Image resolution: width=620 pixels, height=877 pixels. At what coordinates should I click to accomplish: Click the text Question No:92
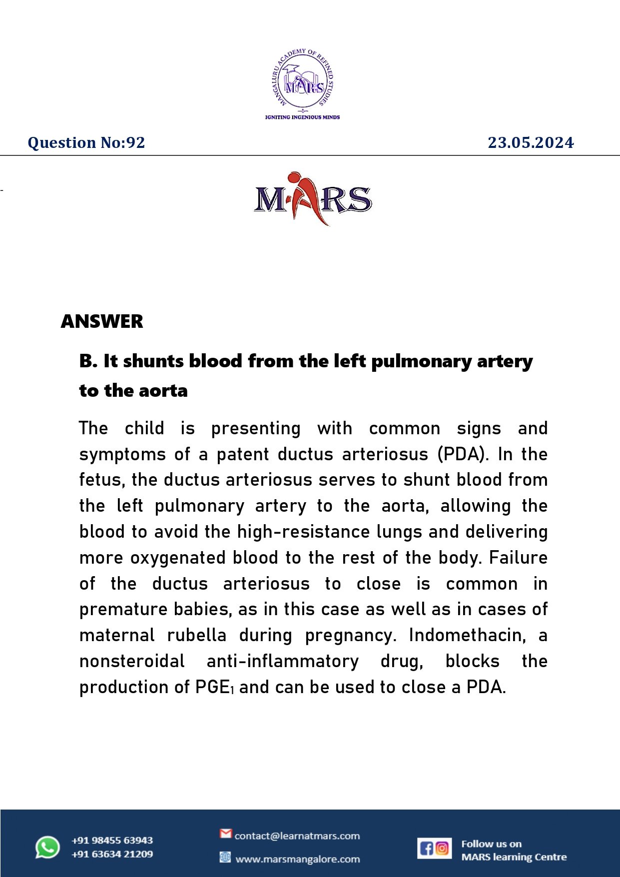86,143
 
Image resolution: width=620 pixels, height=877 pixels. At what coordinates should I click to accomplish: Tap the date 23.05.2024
531,143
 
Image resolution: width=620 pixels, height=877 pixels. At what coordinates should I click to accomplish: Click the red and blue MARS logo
313,199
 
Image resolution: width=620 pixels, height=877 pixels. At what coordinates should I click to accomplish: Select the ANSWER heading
102,321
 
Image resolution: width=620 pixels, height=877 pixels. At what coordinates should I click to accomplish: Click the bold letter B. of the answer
88,361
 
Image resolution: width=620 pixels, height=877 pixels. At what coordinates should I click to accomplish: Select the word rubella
196,635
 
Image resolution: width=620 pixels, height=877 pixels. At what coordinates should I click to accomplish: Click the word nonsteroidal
132,661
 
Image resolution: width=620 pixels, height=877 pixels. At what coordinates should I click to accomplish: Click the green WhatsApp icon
47,848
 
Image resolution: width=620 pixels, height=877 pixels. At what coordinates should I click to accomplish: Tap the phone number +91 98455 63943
112,841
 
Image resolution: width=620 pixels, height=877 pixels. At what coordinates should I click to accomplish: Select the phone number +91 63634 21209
112,855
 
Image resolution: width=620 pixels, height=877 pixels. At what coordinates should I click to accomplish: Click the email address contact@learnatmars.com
297,836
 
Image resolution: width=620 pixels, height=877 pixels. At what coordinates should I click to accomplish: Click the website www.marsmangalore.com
297,860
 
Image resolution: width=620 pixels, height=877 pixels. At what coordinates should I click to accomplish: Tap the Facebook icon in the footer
426,848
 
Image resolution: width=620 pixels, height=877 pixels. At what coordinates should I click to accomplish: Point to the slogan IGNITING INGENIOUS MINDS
302,117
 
